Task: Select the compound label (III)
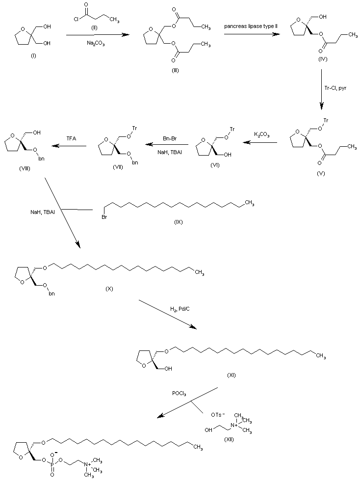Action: pos(175,70)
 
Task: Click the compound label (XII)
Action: pos(228,439)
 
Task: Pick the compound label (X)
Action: pos(109,288)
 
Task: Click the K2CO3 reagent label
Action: pos(261,134)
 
